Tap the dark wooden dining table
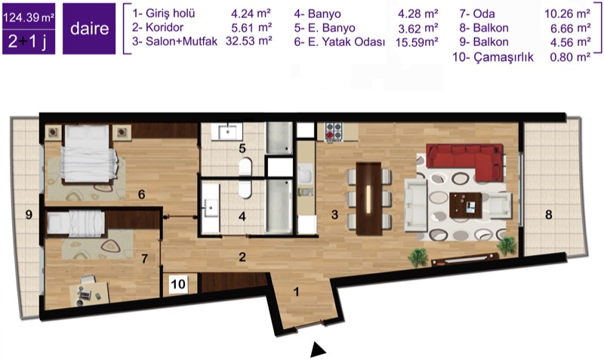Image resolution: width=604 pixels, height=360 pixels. pos(369,198)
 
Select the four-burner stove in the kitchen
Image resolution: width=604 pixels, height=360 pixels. pos(334,131)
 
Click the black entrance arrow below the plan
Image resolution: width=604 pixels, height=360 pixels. pos(318,349)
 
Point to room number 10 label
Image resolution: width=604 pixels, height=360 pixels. pos(178,284)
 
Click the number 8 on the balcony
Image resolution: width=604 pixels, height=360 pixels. pos(549,214)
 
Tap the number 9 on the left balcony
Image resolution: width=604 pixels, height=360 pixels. pos(29,214)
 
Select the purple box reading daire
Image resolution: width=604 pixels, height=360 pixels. pos(89,29)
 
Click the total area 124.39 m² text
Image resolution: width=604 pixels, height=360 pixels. pos(29,17)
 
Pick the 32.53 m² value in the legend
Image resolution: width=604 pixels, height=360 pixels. pos(249,41)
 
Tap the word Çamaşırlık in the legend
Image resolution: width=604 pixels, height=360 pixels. pos(504,57)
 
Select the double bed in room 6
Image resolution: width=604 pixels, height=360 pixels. pos(88,153)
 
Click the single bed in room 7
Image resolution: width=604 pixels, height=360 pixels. pos(75,223)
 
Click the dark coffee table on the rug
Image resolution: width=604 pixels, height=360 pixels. pos(466,205)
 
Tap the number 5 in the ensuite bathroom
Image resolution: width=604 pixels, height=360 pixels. pos(242,148)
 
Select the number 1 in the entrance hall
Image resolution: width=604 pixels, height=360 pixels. pos(296,291)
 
